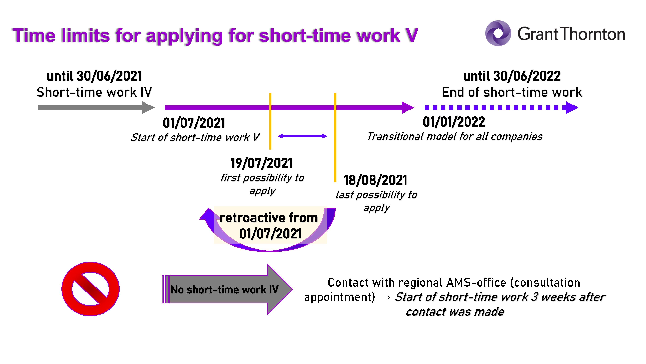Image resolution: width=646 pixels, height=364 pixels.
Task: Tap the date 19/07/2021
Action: pos(261,163)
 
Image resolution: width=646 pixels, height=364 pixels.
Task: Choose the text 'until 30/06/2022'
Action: pos(512,76)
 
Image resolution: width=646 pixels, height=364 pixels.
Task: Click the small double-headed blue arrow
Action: pos(302,136)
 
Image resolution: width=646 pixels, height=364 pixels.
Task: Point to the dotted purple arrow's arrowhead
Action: pos(572,108)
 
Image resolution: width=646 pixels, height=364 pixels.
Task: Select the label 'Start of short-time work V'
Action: pos(195,137)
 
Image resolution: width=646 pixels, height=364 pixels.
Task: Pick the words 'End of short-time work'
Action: pos(512,92)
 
